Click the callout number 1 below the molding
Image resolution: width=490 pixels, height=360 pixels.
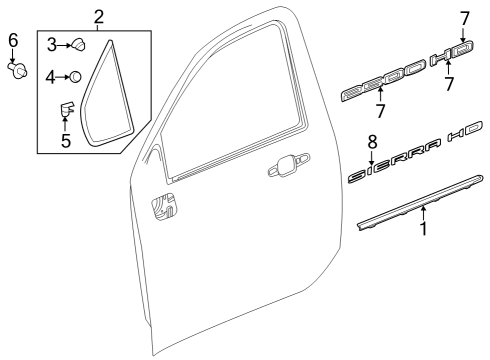tap(423, 229)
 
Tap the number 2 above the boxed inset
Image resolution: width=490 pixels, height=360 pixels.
tap(99, 16)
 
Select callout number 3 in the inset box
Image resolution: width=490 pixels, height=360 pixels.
tap(51, 44)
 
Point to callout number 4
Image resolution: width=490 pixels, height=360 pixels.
tap(51, 76)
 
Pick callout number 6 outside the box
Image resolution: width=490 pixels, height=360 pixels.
tap(13, 40)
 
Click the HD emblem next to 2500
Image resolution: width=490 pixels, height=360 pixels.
tap(448, 60)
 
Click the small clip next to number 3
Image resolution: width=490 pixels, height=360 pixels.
tap(78, 45)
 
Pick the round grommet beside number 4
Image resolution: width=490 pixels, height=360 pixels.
tap(75, 76)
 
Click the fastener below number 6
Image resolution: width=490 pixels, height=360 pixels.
tap(16, 71)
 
